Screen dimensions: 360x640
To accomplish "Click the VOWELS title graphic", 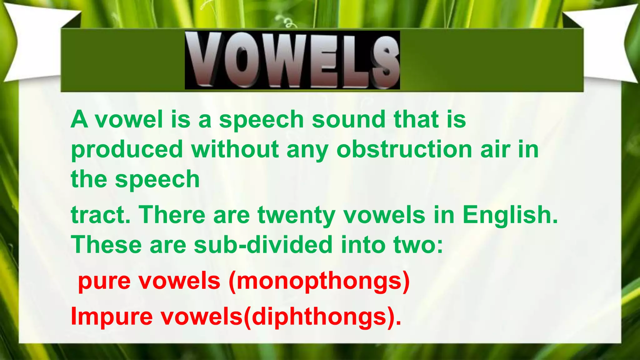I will pos(292,60).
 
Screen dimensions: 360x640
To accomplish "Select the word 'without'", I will pos(235,149).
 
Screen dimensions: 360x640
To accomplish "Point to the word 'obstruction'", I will pos(404,149).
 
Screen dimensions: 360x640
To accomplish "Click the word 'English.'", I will pos(510,216).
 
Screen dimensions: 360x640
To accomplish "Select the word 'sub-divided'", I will pos(263,245).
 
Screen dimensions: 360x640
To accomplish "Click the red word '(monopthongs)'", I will pos(319,281).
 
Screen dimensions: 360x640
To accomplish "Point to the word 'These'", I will pos(106,245).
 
